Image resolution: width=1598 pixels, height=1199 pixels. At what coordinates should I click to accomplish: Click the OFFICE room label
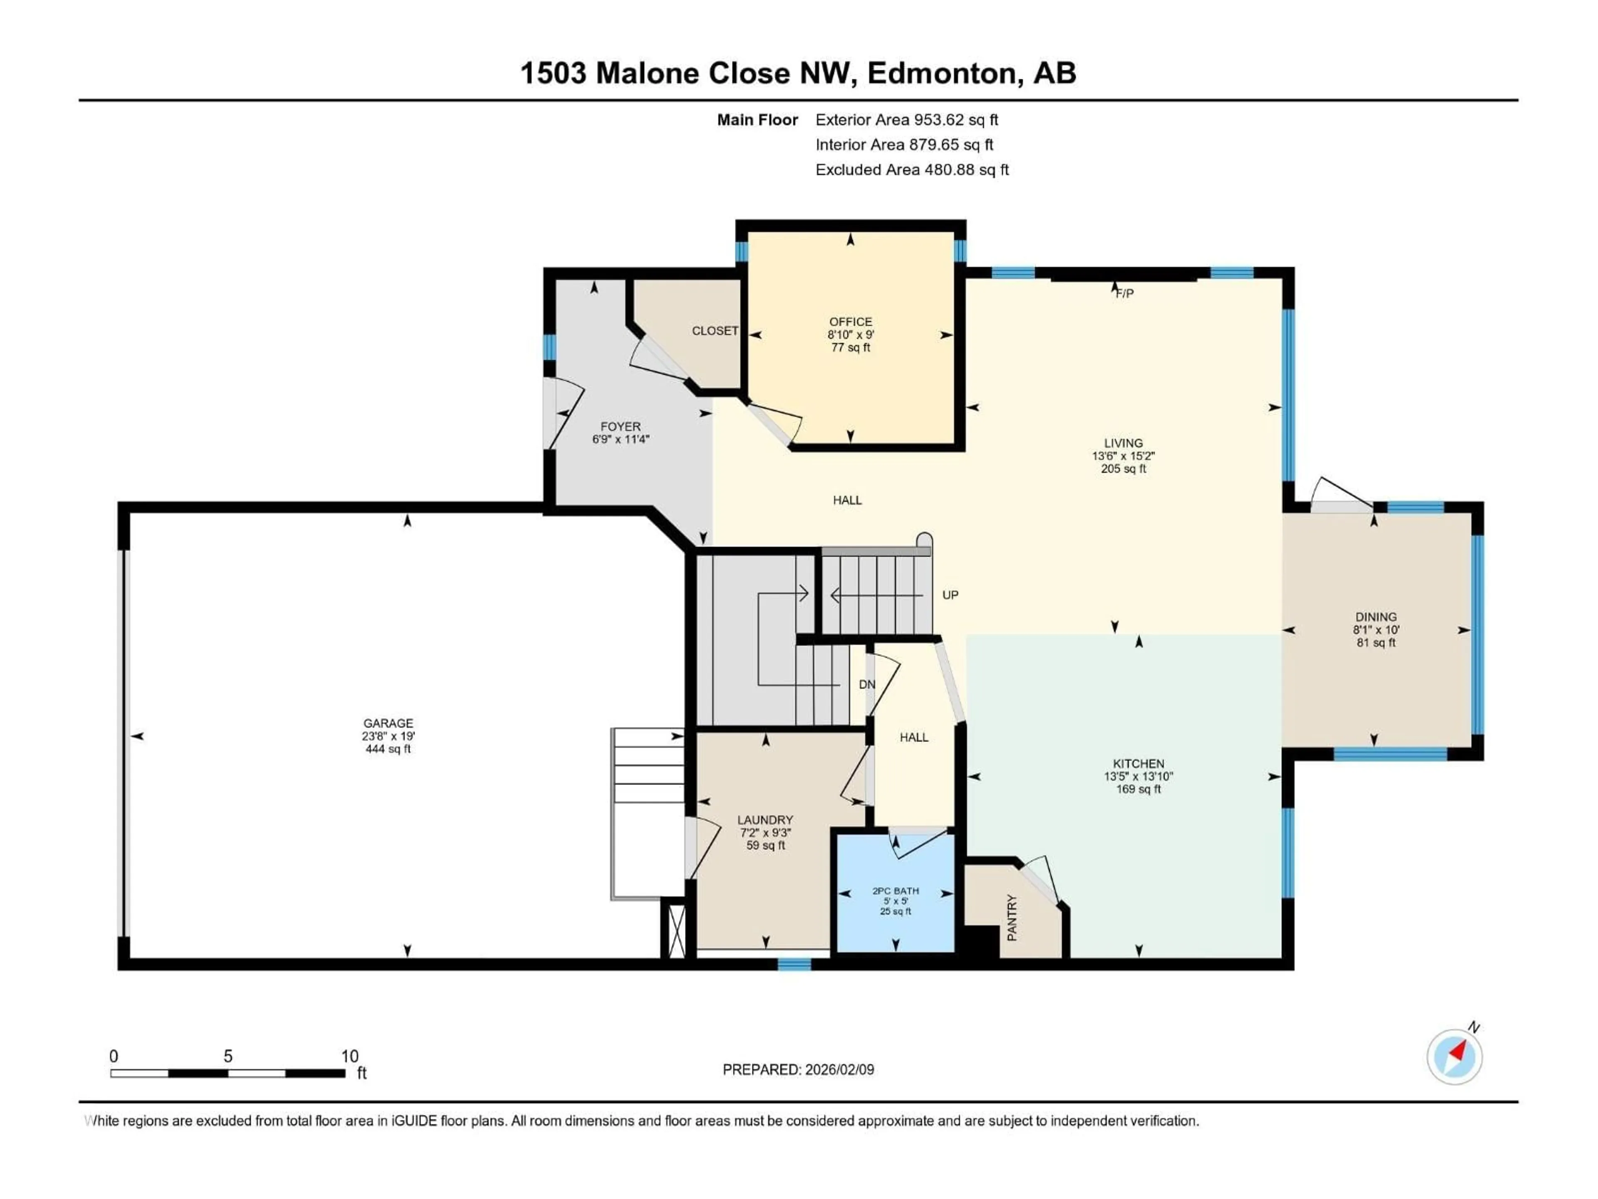pos(850,322)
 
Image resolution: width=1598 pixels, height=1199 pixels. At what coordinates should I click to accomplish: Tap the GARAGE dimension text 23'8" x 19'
pos(388,736)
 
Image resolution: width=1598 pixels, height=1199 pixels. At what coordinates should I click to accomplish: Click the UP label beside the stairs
pos(950,595)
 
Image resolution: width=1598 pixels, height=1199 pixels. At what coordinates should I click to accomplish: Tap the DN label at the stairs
pos(867,684)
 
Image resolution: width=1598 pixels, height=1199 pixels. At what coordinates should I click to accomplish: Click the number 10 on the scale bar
pos(350,1056)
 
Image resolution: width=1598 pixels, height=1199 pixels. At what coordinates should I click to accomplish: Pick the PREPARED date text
pos(798,1070)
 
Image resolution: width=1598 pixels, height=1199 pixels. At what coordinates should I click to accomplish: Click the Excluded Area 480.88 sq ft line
pos(912,170)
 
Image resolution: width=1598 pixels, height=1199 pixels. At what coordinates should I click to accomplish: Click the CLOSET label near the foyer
pos(715,331)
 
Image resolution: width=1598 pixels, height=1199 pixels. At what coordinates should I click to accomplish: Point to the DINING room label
pos(1375,617)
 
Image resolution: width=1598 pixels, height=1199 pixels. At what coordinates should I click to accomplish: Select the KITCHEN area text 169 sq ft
pos(1139,789)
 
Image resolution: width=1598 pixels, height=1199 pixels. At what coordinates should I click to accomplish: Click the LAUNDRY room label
pos(765,820)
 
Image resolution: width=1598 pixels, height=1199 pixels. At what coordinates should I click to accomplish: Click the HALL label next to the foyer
pos(847,500)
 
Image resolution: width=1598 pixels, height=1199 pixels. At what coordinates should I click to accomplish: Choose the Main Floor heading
pos(757,120)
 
